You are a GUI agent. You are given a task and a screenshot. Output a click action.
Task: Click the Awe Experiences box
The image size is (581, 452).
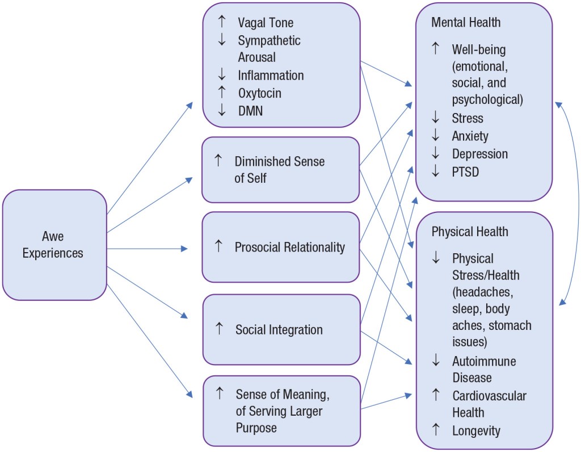coord(54,245)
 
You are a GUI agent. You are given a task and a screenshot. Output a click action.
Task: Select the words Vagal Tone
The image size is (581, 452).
coord(266,23)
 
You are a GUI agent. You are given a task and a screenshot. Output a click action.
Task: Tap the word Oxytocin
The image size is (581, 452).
coord(259,93)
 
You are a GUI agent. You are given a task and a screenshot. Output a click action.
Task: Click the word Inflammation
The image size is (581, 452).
coord(271,75)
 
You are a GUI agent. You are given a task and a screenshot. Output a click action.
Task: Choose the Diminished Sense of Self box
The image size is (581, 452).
coord(281,170)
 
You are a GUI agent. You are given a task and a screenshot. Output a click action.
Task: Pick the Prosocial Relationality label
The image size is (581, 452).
coord(289,247)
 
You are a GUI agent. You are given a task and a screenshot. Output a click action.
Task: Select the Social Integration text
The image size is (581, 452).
coord(279,329)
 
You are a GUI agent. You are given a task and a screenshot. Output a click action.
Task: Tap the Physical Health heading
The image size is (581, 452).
coord(469,232)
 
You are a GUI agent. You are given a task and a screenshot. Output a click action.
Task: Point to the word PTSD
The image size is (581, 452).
coord(465,171)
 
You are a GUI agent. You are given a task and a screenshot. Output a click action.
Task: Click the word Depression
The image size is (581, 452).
coord(479,154)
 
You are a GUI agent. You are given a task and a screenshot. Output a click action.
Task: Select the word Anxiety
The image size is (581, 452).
coord(470,136)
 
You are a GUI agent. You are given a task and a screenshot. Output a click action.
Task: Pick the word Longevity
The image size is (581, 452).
coord(476,431)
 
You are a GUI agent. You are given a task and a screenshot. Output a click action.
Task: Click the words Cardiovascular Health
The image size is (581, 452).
coord(489,404)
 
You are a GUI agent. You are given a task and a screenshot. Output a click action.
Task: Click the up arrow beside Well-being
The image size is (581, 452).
coord(436,49)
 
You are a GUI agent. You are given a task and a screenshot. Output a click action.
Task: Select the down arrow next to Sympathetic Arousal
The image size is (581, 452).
coord(222,40)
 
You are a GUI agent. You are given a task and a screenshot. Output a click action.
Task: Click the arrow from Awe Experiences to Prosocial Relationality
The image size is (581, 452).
coord(148,249)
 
